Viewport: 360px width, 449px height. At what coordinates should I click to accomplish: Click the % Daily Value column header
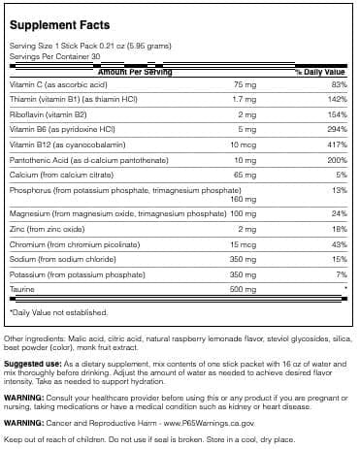[x=320, y=71]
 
